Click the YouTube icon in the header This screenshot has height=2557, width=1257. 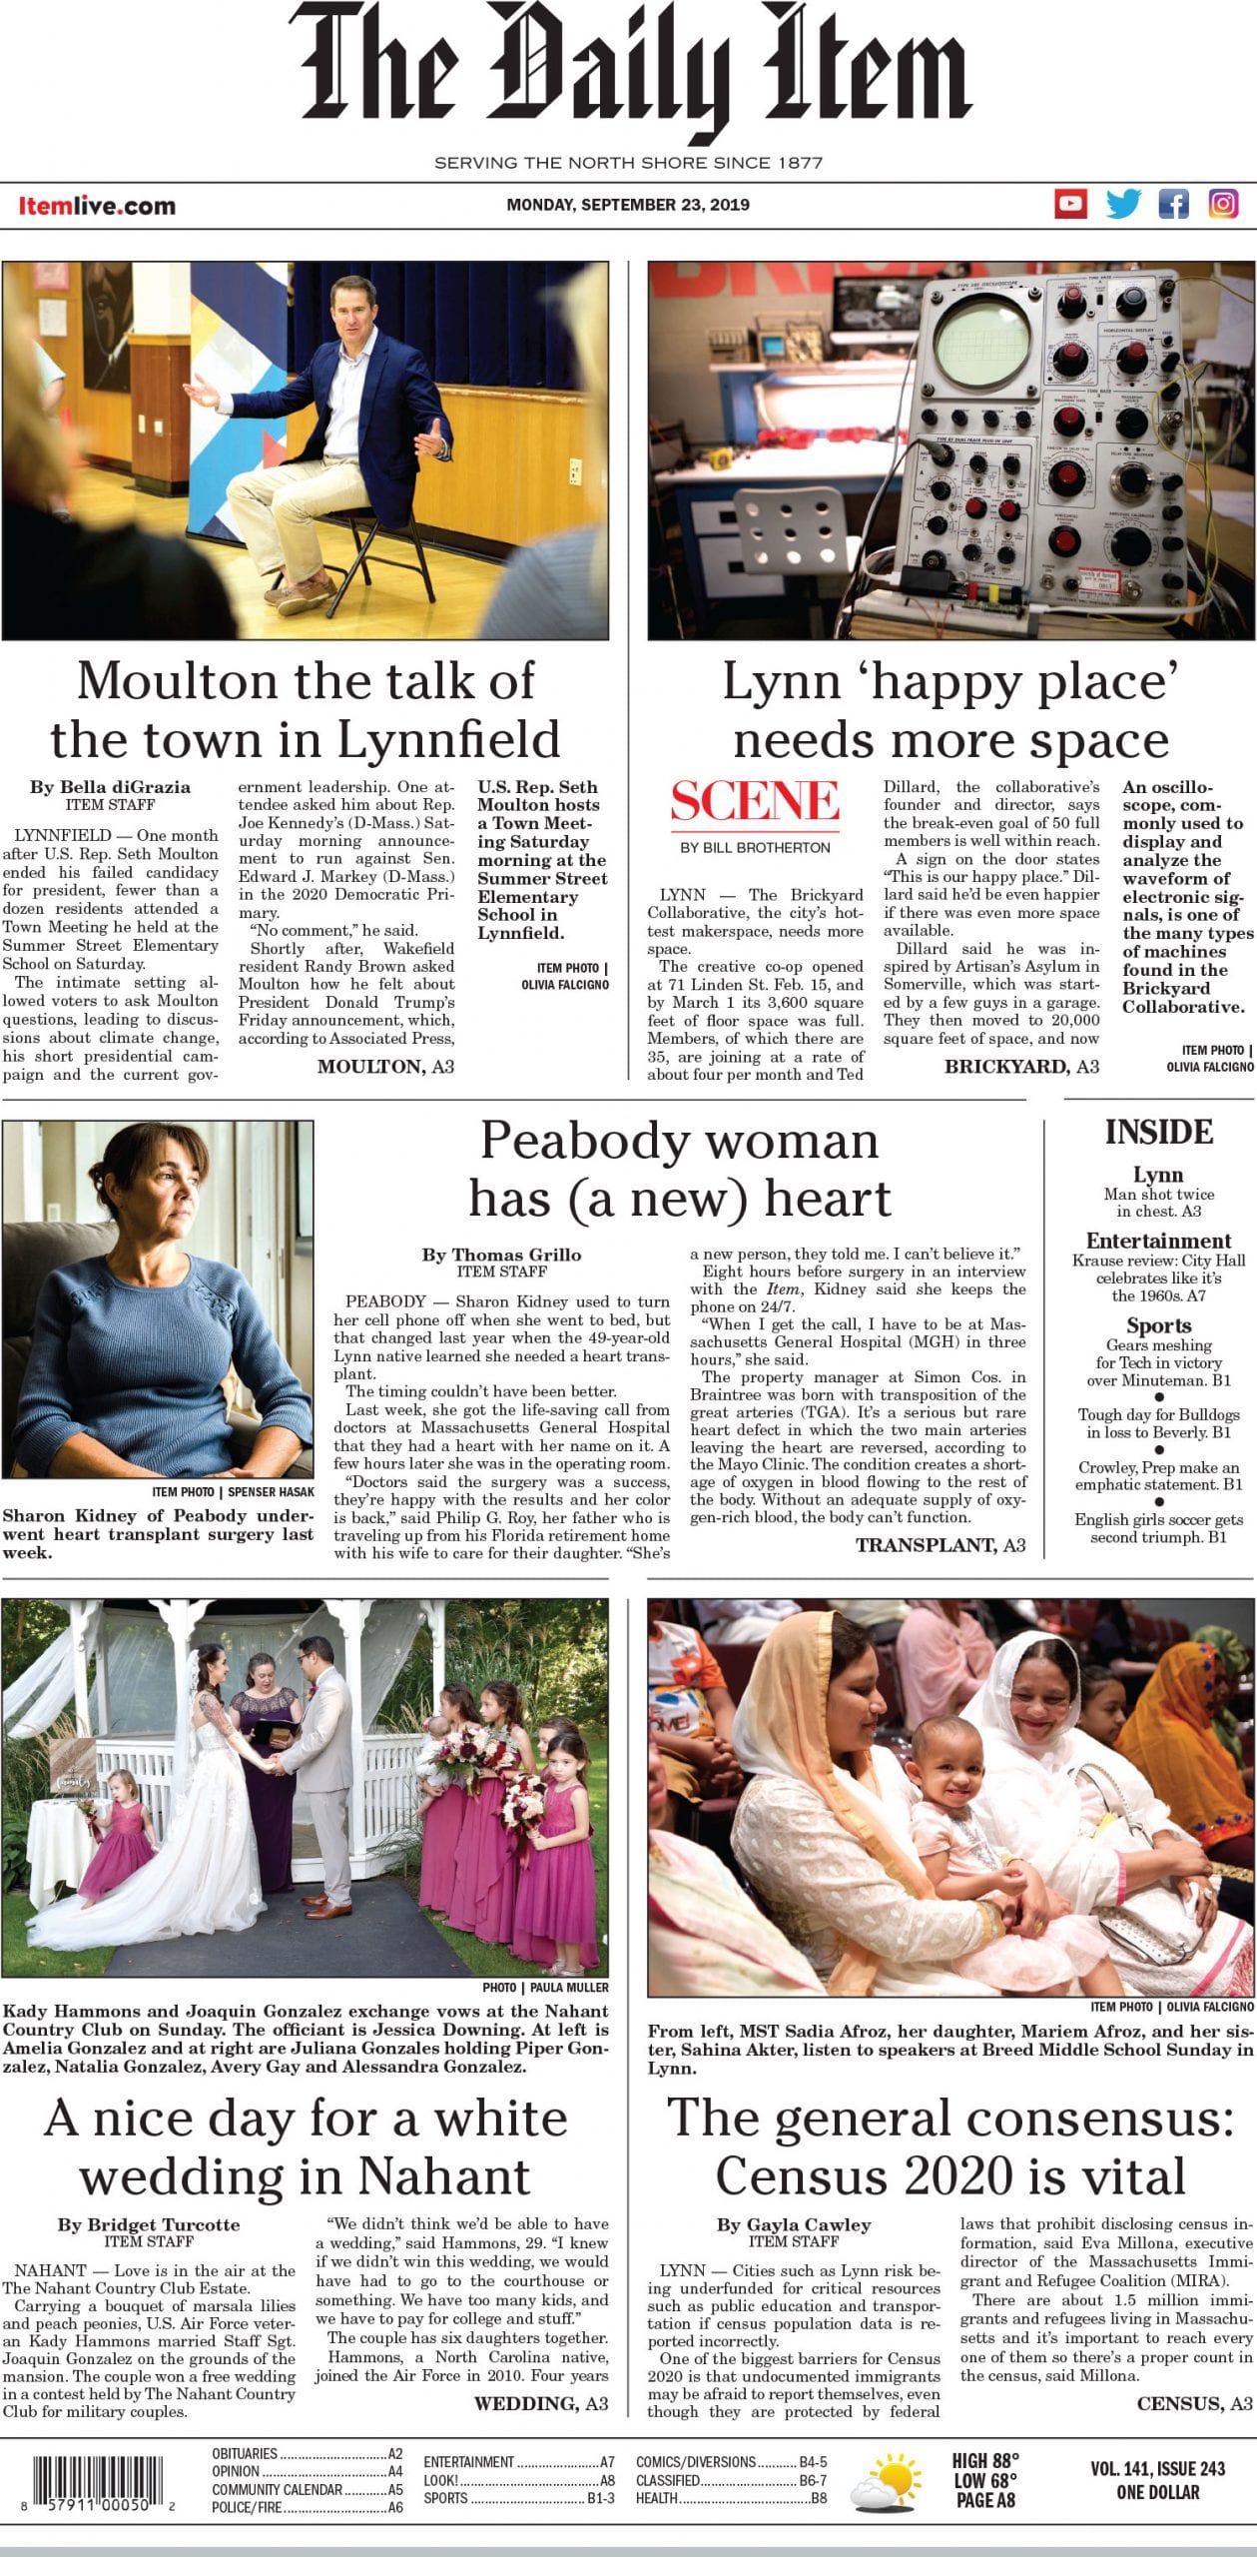1071,204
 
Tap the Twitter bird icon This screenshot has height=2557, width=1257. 1123,204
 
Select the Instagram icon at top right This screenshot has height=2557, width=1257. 1224,204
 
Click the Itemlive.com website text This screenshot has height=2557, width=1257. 97,206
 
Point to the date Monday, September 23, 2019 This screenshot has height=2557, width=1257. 628,205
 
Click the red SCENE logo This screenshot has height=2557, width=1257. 755,801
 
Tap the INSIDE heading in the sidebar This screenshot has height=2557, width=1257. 1158,1132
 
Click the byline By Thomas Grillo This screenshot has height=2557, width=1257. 501,1255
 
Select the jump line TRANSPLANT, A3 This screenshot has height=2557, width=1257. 940,1545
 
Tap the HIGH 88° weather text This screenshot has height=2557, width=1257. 985,2460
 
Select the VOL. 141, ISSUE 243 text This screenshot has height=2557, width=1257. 1157,2468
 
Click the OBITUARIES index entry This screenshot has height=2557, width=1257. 245,2453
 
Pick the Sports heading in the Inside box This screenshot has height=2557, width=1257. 1158,1325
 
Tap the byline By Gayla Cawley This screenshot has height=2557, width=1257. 794,2224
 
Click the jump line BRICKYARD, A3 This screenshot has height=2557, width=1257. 1021,1066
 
